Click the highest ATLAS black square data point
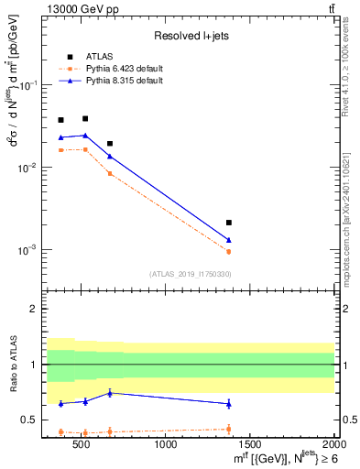click(85, 118)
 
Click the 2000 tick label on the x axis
click(333, 445)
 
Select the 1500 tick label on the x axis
click(250, 445)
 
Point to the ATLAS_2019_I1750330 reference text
click(189, 274)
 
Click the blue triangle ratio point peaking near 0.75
click(110, 393)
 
